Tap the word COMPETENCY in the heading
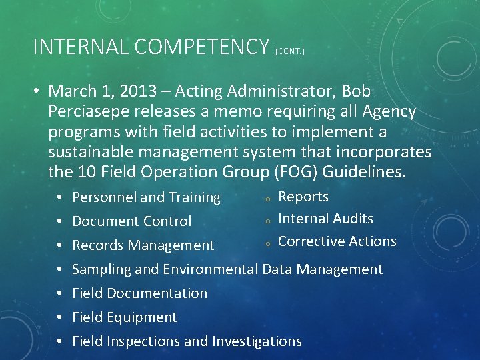click(202, 47)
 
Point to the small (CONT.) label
click(289, 51)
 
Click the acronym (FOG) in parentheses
click(291, 172)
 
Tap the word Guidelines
click(363, 172)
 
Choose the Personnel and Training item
click(146, 197)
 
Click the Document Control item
click(131, 221)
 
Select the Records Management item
click(143, 245)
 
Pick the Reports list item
click(303, 197)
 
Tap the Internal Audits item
click(325, 219)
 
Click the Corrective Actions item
click(337, 241)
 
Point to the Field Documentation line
click(139, 293)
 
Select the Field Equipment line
click(124, 317)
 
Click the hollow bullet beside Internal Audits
click(267, 220)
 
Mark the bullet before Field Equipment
click(59, 317)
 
